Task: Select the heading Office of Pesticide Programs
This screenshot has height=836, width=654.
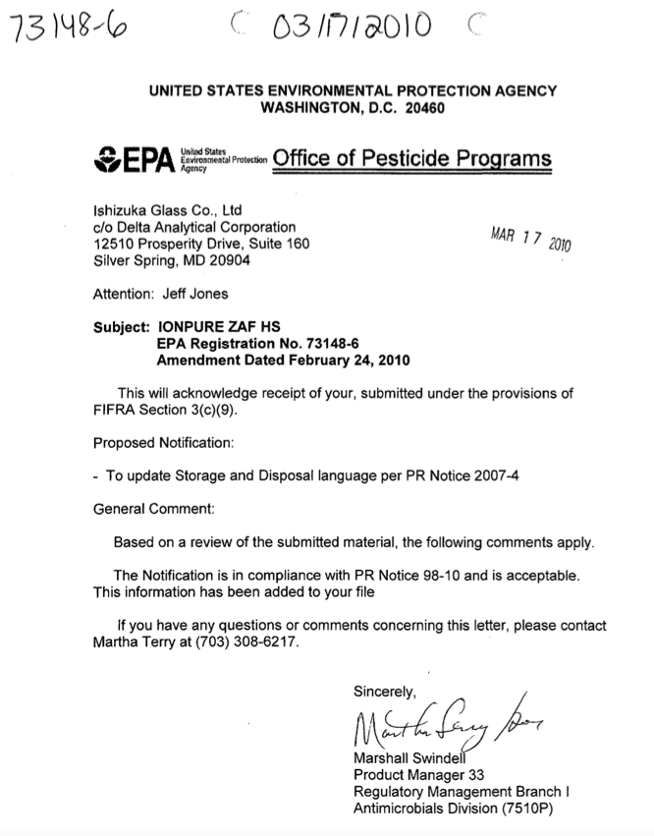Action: (412, 159)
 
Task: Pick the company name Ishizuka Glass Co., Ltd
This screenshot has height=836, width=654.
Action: (168, 211)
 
